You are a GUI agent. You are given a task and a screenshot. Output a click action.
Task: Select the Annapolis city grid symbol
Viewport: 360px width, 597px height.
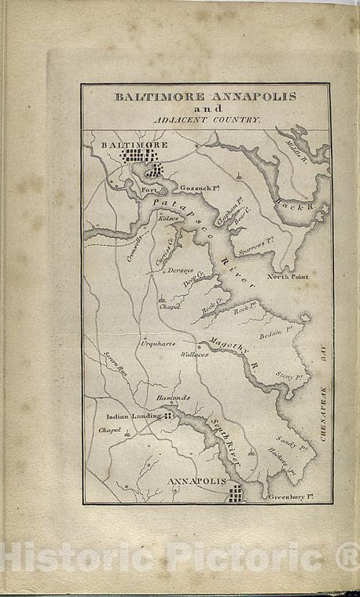point(234,493)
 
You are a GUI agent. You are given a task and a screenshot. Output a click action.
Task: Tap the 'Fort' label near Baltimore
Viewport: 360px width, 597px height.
point(150,189)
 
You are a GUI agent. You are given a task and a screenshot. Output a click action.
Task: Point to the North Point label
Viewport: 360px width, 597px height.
point(288,277)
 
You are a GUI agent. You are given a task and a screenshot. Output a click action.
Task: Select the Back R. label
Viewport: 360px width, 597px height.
point(293,205)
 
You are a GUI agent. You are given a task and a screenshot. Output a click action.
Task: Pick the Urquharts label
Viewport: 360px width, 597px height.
point(157,343)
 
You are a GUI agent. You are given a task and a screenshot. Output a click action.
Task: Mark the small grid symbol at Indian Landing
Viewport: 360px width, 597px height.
point(167,415)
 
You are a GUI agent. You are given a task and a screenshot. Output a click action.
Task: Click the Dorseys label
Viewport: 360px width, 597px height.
point(174,269)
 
